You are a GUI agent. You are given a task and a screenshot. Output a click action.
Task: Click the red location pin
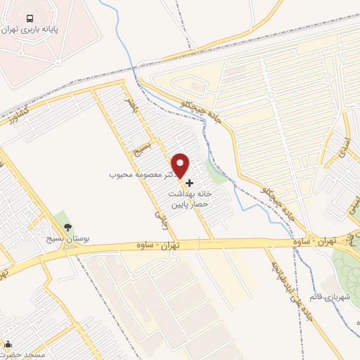coord(181,164)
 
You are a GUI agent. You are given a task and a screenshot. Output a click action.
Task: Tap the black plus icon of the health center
coord(189,183)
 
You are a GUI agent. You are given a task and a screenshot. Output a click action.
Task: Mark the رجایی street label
coord(160,219)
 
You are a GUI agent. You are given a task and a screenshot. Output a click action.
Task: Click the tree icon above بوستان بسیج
coord(68,227)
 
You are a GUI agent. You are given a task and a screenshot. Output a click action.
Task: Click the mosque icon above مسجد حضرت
coord(8,345)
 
